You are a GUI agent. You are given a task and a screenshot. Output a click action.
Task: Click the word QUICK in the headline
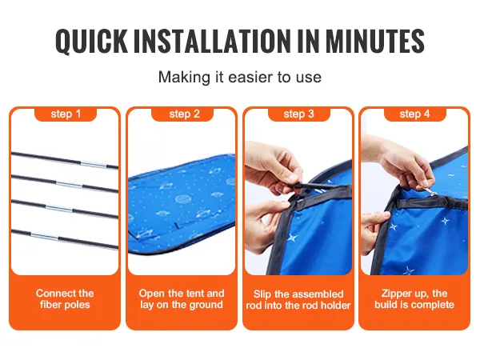click(91, 41)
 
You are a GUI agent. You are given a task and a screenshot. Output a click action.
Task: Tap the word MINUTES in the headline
click(374, 41)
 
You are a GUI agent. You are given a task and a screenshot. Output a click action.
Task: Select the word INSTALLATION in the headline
click(211, 41)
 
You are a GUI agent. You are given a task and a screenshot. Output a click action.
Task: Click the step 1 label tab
click(66, 114)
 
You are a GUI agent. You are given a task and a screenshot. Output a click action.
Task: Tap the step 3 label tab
click(298, 114)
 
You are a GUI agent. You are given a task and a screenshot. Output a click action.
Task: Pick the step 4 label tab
click(414, 114)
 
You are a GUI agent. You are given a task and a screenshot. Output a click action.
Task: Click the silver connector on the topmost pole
click(94, 165)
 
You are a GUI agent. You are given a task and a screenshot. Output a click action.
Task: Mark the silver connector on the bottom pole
click(45, 236)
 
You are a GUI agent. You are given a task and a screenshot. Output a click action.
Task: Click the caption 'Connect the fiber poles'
click(65, 299)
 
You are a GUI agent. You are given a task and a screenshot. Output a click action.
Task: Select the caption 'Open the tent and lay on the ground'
click(182, 299)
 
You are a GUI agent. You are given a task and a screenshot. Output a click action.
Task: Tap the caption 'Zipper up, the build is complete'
click(414, 299)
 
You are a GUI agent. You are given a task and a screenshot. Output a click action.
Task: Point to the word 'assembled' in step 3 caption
click(317, 294)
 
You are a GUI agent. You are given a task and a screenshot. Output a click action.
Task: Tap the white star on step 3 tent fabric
click(291, 238)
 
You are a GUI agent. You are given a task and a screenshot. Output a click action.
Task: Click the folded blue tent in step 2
click(182, 204)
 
